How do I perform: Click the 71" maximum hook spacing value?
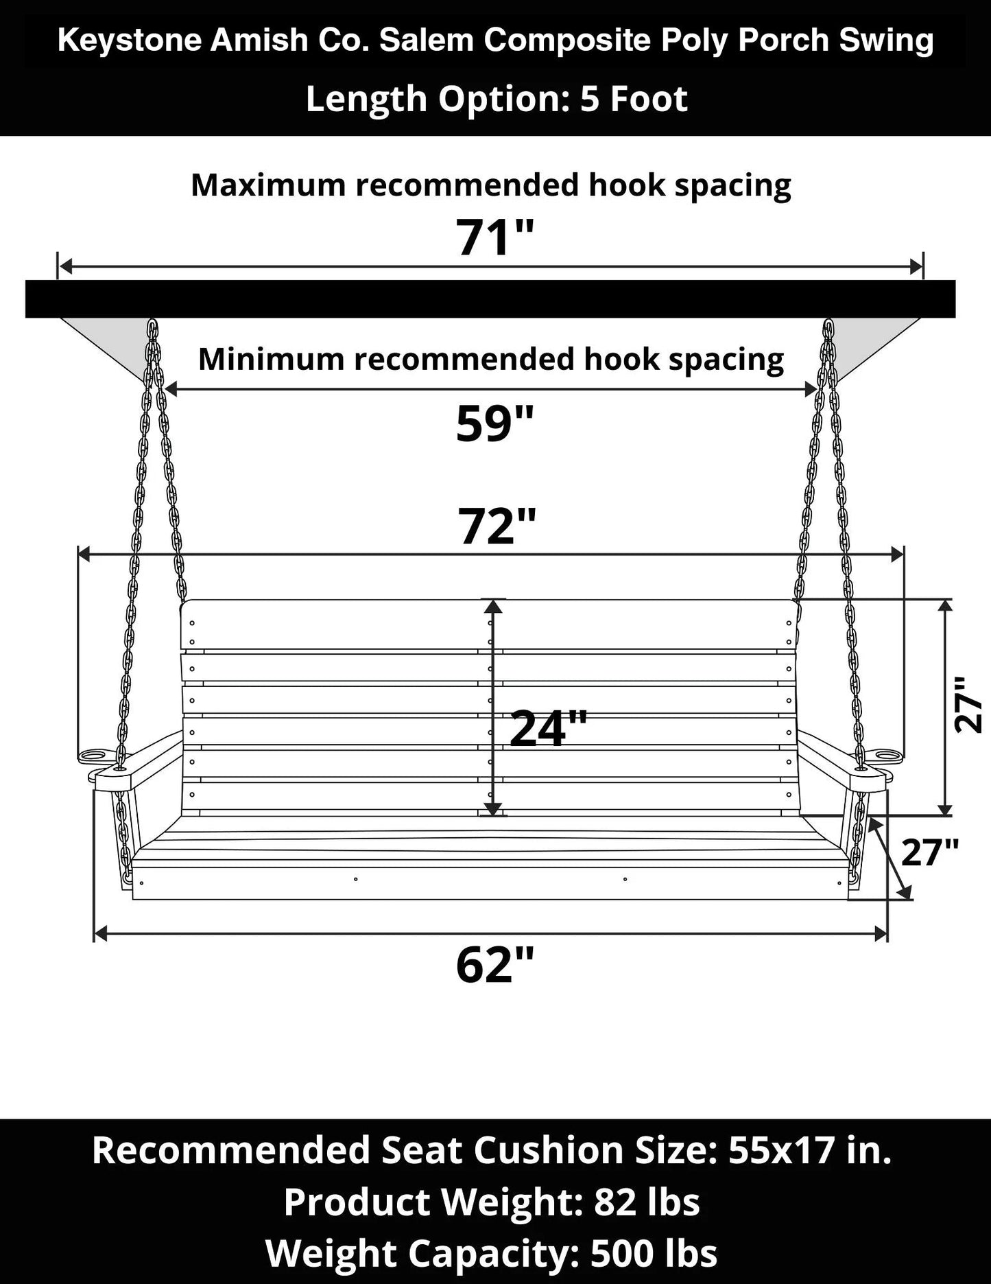coord(494,237)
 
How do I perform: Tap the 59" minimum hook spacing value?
coord(494,423)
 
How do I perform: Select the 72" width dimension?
coord(497,526)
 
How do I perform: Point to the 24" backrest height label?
coord(548,728)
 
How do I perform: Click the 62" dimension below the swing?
coord(494,964)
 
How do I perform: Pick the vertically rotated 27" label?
coord(969,705)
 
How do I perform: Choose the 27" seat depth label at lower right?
coord(929,852)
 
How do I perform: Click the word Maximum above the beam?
coord(268,185)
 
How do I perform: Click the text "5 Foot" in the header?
coord(634,99)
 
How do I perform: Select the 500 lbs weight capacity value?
coord(654,1253)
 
